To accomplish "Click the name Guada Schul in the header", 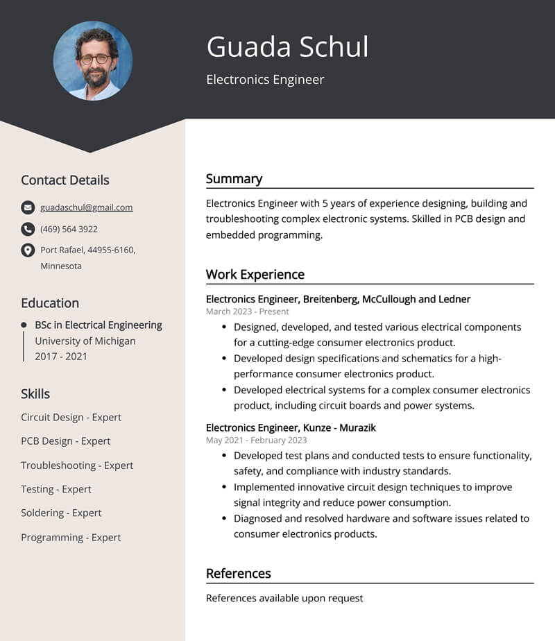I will pyautogui.click(x=287, y=47).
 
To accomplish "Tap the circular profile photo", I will pyautogui.click(x=93, y=61).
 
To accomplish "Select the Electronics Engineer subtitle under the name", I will pyautogui.click(x=265, y=80).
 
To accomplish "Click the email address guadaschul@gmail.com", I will pyautogui.click(x=87, y=207).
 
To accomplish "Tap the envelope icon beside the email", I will pyautogui.click(x=28, y=207).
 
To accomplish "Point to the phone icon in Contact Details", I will pyautogui.click(x=28, y=229).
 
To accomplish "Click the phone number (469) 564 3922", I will pyautogui.click(x=69, y=229).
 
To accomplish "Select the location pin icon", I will pyautogui.click(x=28, y=250).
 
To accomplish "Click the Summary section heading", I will pyautogui.click(x=234, y=179).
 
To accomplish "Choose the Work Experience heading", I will pyautogui.click(x=255, y=275).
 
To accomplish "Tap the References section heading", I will pyautogui.click(x=238, y=574).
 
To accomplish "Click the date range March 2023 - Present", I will pyautogui.click(x=247, y=312).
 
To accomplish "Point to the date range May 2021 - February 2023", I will pyautogui.click(x=256, y=440).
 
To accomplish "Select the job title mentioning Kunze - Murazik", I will pyautogui.click(x=291, y=428).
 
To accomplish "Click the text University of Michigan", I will pyautogui.click(x=85, y=341).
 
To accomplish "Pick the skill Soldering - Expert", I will pyautogui.click(x=61, y=513).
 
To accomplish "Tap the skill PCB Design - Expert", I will pyautogui.click(x=65, y=441).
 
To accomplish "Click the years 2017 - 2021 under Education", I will pyautogui.click(x=61, y=357).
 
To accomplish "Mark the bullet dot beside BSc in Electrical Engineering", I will pyautogui.click(x=24, y=325).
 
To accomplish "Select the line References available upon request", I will pyautogui.click(x=284, y=598).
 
